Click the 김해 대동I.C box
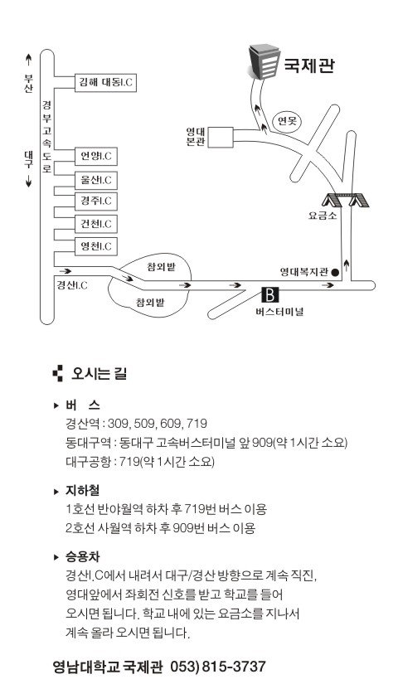pyautogui.click(x=105, y=83)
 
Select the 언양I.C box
pyautogui.click(x=96, y=157)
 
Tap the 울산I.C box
pyautogui.click(x=96, y=180)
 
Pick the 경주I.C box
pyautogui.click(x=96, y=201)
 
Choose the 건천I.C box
pyautogui.click(x=96, y=224)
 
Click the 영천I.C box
pyautogui.click(x=96, y=246)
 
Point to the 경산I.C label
pyautogui.click(x=72, y=285)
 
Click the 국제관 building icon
pyautogui.click(x=264, y=62)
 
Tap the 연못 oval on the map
pyautogui.click(x=288, y=120)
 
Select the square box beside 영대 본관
pyautogui.click(x=221, y=138)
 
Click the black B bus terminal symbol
pyautogui.click(x=270, y=295)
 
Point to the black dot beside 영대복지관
pyautogui.click(x=335, y=273)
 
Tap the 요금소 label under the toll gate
pyautogui.click(x=323, y=216)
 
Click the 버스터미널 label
pyautogui.click(x=279, y=312)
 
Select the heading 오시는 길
pyautogui.click(x=99, y=374)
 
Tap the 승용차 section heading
pyautogui.click(x=83, y=556)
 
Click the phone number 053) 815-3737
pyautogui.click(x=218, y=667)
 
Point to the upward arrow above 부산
pyautogui.click(x=28, y=61)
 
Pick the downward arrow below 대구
pyautogui.click(x=28, y=180)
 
